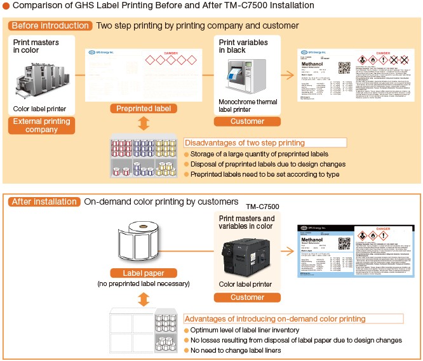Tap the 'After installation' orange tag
pos(44,201)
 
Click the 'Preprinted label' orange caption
pos(144,109)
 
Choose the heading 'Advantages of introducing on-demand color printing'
pos(274,318)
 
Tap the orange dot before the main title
pos(6,6)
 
